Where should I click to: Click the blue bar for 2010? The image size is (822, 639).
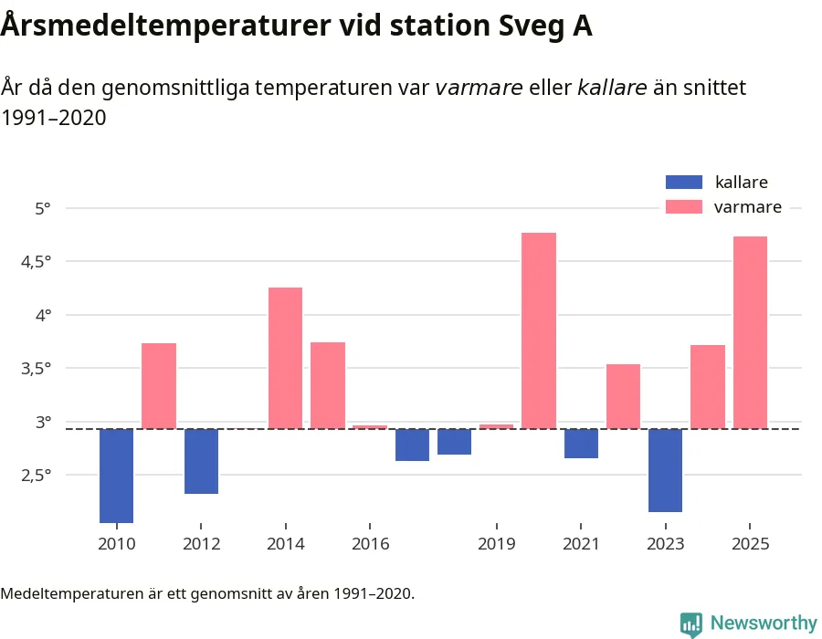point(116,476)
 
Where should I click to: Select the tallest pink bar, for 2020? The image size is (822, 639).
point(539,330)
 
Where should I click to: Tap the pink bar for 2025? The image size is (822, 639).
point(750,332)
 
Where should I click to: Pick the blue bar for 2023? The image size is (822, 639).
point(665,470)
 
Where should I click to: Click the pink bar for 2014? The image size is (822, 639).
point(285,358)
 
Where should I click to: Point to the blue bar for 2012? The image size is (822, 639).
point(201,461)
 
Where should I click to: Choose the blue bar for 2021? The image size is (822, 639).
point(581,444)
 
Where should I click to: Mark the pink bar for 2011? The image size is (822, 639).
point(159,386)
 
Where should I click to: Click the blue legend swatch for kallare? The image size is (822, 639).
point(684,182)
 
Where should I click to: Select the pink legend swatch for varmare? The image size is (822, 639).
point(684,207)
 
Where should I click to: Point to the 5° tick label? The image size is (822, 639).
point(43,208)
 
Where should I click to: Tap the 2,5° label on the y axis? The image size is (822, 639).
point(37,476)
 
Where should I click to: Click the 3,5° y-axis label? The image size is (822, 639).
point(37,369)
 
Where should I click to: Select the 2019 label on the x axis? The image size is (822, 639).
point(496,544)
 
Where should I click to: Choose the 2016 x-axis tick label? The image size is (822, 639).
point(370,544)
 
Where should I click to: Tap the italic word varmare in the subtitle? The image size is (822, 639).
point(479,88)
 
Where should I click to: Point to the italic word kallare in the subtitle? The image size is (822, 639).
point(612,88)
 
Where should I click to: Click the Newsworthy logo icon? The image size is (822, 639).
point(691,624)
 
